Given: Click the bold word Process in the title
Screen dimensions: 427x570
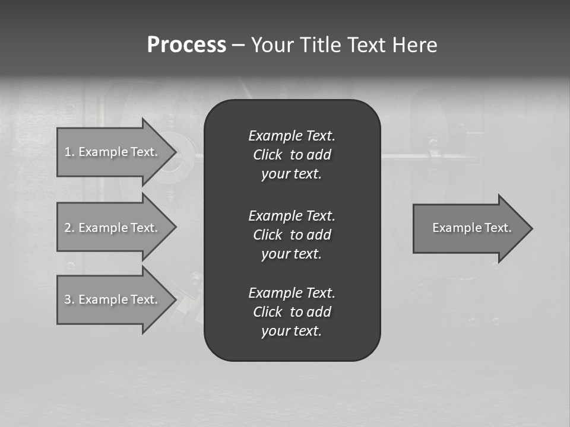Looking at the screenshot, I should (186, 45).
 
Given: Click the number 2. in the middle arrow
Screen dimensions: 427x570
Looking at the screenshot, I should (69, 228).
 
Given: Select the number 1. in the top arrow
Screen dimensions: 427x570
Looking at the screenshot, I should (69, 152).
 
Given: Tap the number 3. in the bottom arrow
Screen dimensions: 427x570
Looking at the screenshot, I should (69, 299).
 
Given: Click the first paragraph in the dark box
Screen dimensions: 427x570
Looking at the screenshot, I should (292, 155).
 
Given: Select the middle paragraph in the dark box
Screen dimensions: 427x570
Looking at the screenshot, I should (292, 234).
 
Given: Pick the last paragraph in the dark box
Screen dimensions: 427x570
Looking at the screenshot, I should (292, 312).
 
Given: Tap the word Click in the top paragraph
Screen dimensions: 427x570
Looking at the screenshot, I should (267, 155).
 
